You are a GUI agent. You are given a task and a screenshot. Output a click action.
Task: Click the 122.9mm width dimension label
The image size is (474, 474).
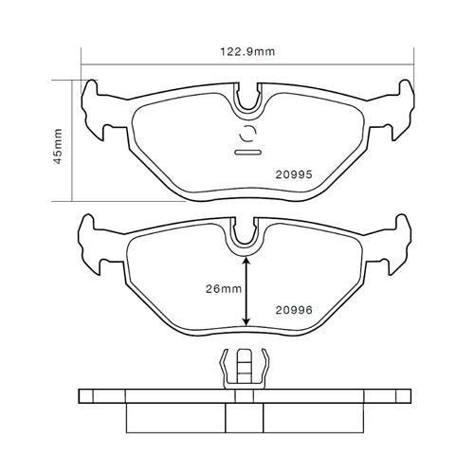click(x=246, y=52)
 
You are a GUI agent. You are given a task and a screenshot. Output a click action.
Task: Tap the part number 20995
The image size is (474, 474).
click(x=294, y=174)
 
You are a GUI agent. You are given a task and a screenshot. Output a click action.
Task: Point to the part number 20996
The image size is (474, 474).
click(x=294, y=308)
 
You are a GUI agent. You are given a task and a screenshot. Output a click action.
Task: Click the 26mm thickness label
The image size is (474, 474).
click(x=224, y=290)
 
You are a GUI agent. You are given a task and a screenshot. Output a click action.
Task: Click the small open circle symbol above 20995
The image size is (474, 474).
click(x=247, y=133)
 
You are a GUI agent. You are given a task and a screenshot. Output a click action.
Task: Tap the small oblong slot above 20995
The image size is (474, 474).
click(x=247, y=152)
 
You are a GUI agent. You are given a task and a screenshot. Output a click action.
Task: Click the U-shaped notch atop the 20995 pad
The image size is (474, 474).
click(x=247, y=96)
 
